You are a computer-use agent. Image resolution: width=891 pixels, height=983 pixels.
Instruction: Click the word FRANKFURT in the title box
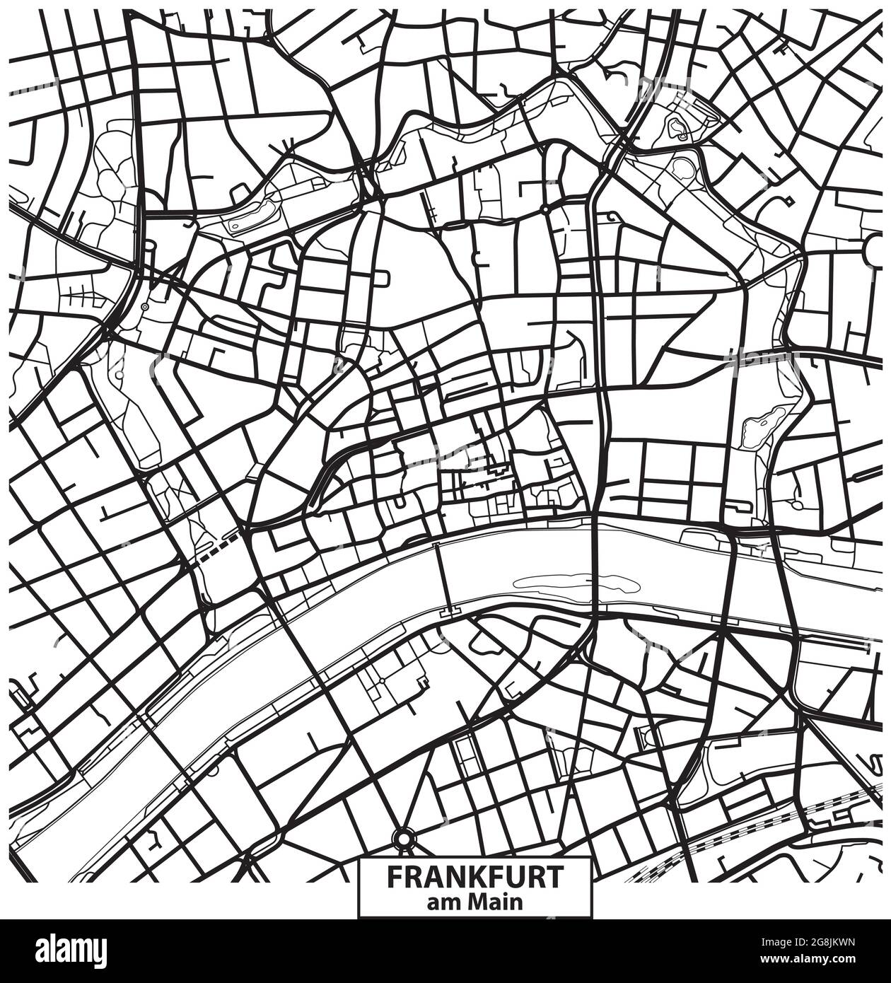click(475, 877)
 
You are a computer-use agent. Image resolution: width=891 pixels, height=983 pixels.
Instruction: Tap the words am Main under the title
click(475, 902)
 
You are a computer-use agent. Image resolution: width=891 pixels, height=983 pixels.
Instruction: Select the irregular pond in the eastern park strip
click(758, 425)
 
